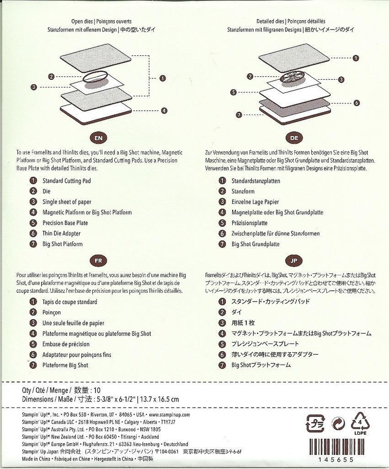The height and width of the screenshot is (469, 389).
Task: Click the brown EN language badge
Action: [98, 138]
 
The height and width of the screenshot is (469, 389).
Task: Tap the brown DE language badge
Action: [294, 138]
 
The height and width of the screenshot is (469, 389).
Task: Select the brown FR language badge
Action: [98, 260]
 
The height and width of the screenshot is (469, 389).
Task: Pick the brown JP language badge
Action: [294, 260]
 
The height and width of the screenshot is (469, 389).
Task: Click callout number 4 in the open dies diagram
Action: [164, 111]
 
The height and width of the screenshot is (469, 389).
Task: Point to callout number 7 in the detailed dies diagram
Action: [239, 115]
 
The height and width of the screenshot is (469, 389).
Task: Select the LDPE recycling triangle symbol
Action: [360, 423]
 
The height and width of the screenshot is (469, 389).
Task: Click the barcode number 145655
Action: [336, 460]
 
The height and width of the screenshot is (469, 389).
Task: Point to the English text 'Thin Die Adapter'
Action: [61, 233]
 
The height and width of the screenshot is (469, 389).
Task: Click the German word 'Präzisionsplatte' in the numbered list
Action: [250, 223]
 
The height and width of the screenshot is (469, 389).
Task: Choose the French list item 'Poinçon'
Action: [51, 312]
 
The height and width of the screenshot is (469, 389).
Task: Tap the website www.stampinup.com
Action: [169, 415]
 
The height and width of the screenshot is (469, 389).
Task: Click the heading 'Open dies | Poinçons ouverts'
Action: [102, 21]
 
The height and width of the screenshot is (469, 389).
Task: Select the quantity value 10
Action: [97, 390]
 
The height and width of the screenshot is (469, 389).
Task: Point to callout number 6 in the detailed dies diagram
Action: [356, 103]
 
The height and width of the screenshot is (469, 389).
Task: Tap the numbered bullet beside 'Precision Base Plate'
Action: [33, 223]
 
